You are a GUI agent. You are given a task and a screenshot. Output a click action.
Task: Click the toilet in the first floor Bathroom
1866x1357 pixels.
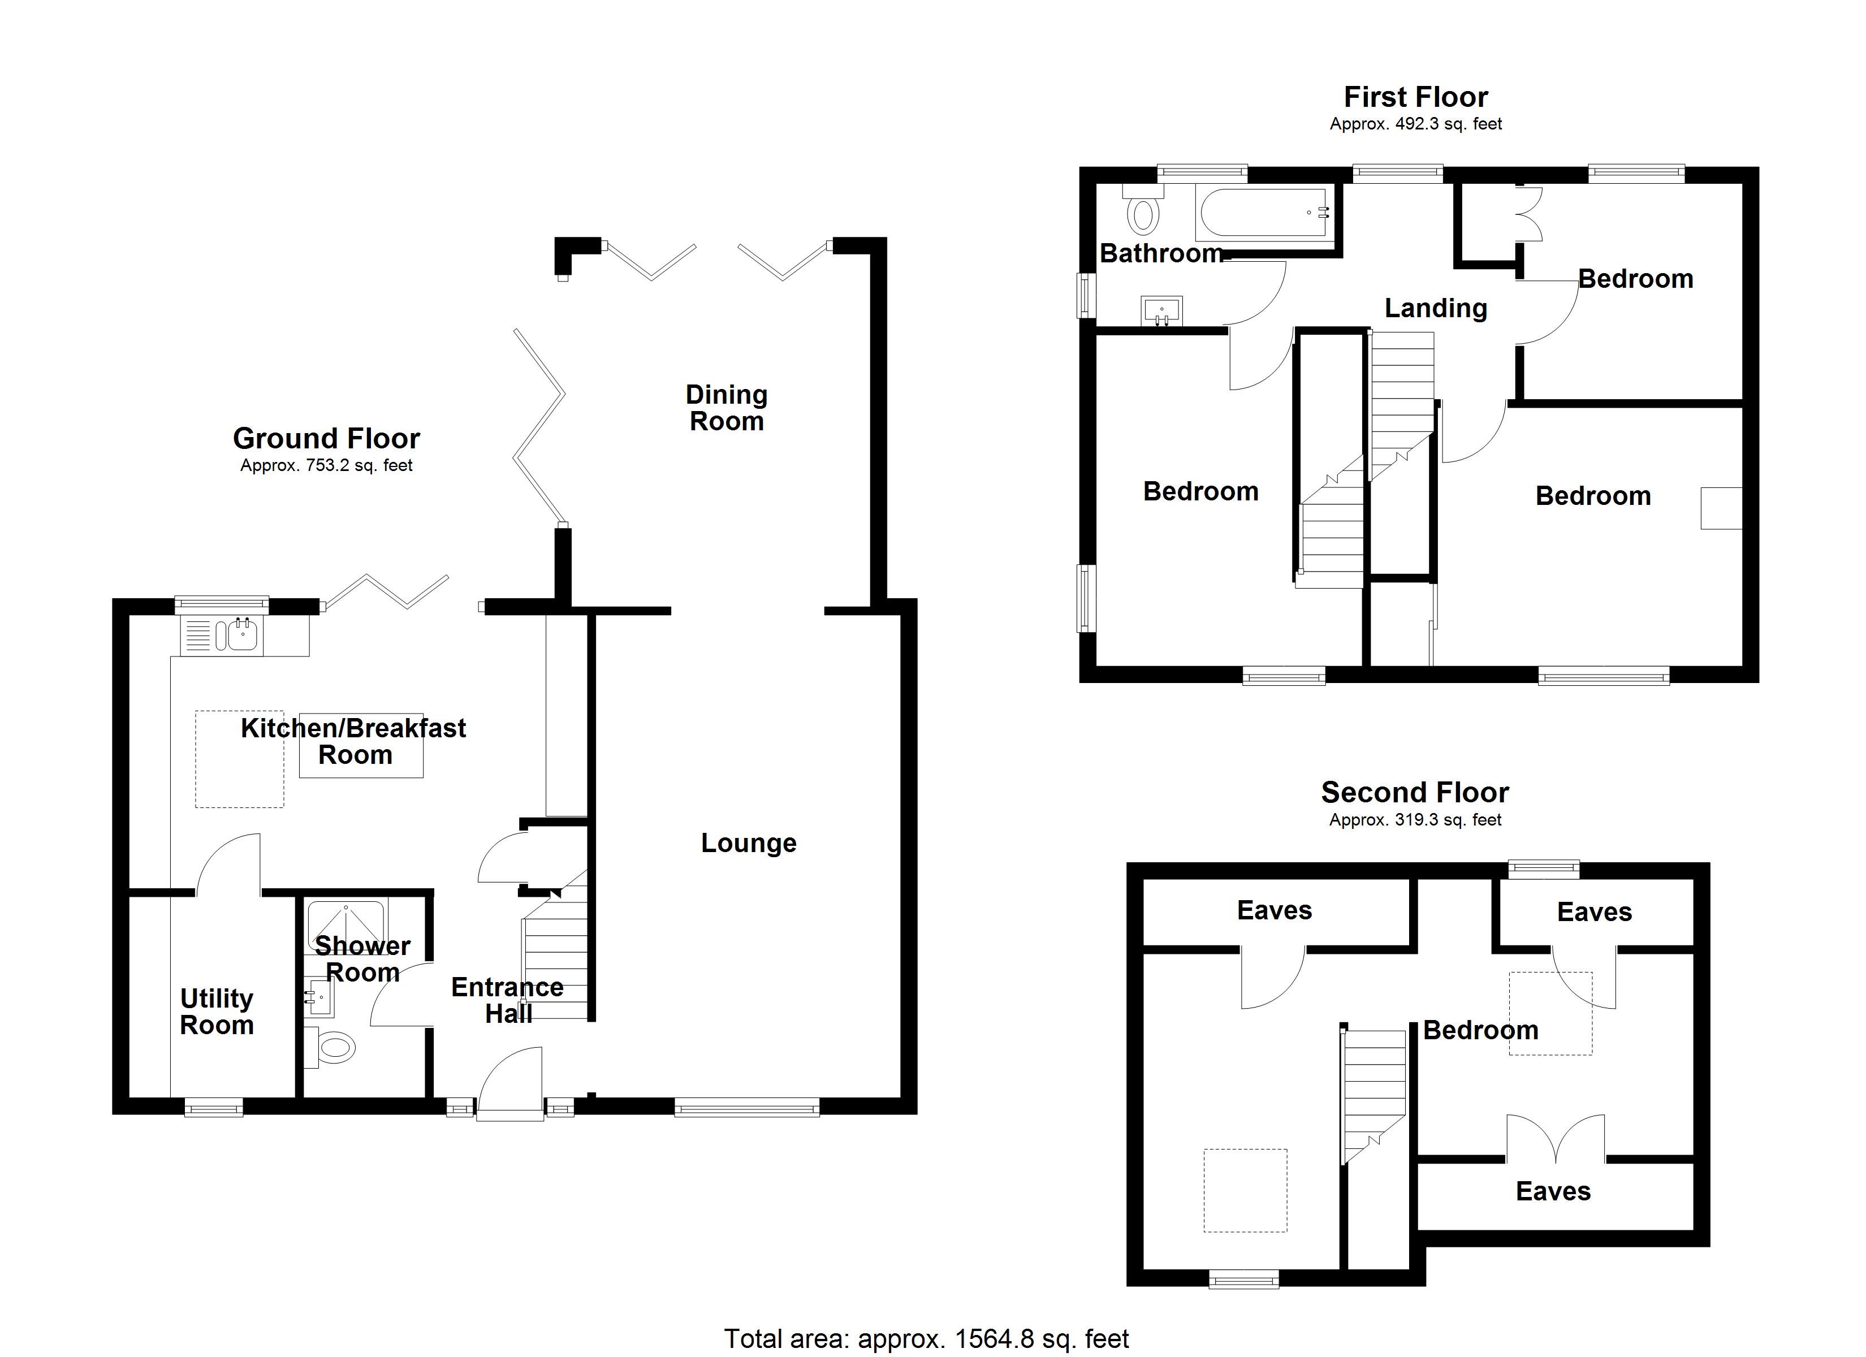(x=1142, y=211)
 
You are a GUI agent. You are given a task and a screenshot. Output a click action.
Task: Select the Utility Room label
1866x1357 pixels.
(x=217, y=1012)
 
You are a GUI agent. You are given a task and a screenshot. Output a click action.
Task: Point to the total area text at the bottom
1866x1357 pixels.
(x=926, y=1338)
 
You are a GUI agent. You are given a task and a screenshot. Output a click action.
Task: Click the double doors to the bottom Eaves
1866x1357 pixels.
(x=1555, y=1140)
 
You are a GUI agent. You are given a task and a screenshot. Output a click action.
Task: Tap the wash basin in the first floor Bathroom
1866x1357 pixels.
(x=1161, y=311)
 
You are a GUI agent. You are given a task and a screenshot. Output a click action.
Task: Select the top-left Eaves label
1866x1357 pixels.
(x=1273, y=910)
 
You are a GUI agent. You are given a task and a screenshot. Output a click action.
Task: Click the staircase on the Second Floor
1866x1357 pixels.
(x=1372, y=1090)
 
